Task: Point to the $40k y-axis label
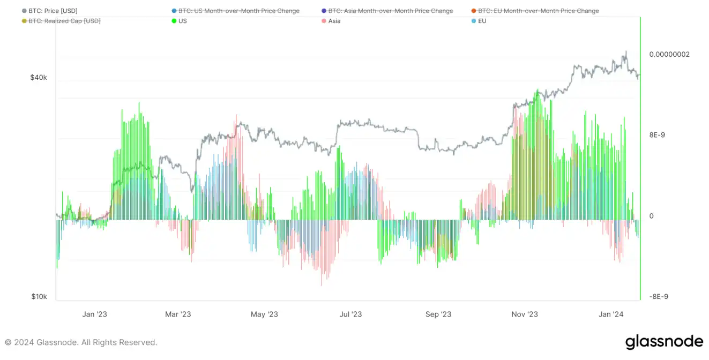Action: point(39,78)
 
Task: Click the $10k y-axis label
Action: point(39,297)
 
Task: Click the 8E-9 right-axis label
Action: point(657,135)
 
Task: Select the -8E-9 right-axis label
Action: point(658,297)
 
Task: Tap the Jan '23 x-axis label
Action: point(95,314)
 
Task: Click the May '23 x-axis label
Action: point(265,314)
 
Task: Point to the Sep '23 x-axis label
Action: point(438,314)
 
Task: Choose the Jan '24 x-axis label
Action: point(611,314)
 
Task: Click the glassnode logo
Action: point(664,342)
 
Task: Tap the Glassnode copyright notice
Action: point(81,342)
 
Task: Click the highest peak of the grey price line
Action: point(625,51)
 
